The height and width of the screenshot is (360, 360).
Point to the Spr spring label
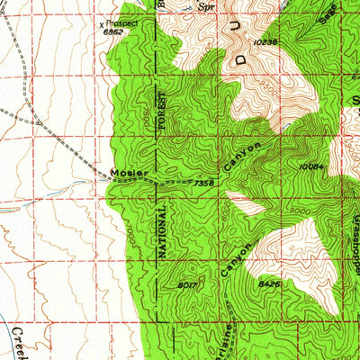208,5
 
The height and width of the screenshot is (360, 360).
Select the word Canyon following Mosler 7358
244,157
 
